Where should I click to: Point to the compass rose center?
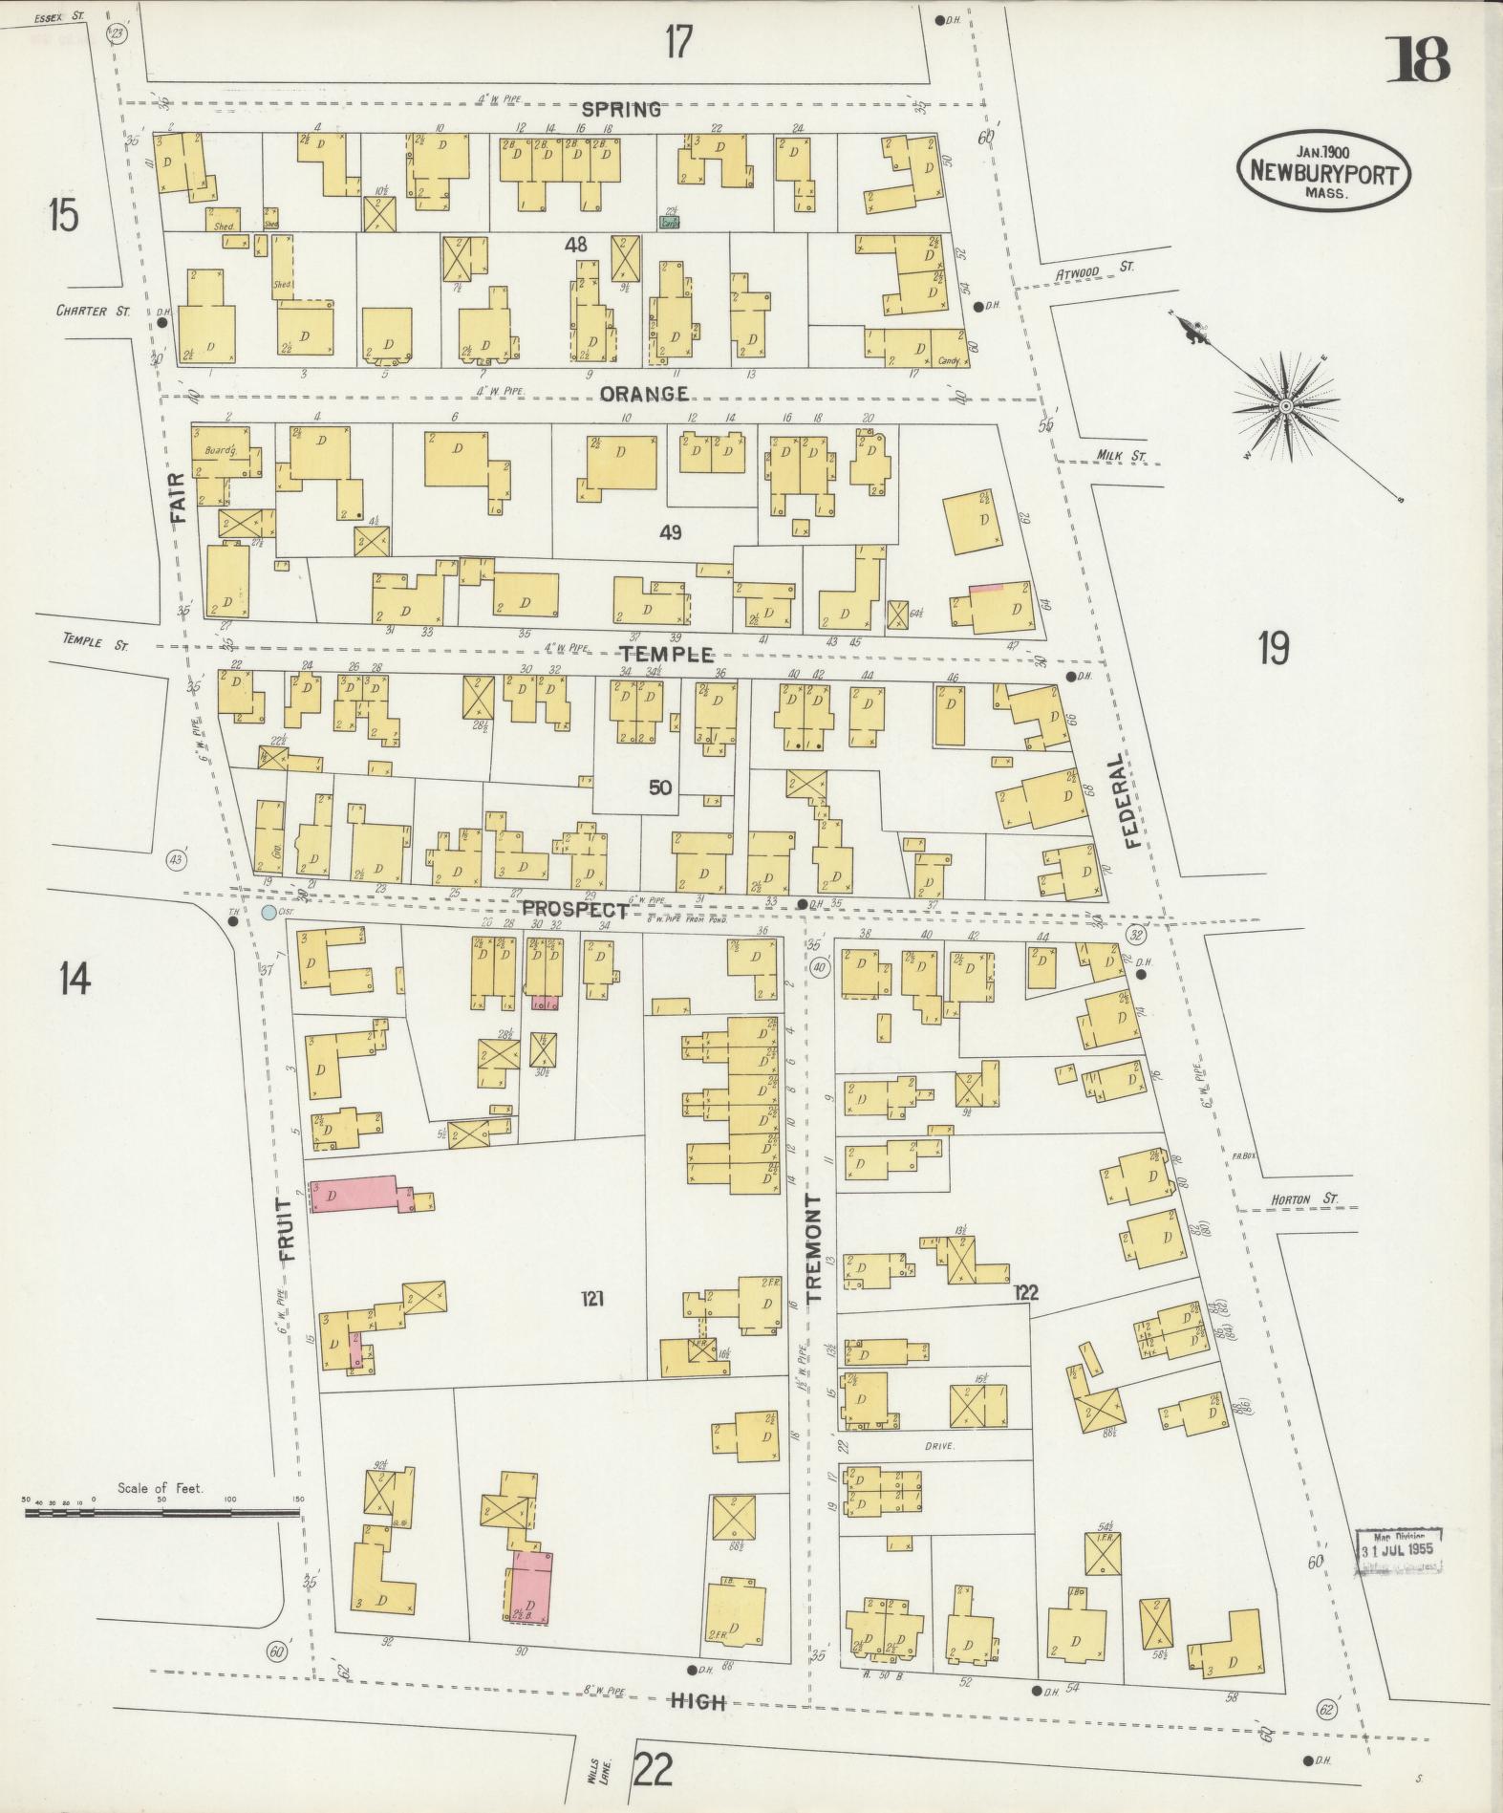coord(1286,406)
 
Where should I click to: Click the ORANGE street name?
coord(645,394)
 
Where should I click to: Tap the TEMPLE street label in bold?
coord(666,654)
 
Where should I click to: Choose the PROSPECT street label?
coord(575,911)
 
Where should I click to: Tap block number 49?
coord(670,532)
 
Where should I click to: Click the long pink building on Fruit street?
coord(359,1195)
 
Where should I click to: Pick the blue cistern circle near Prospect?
coord(269,914)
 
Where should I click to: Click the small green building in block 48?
coord(671,221)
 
